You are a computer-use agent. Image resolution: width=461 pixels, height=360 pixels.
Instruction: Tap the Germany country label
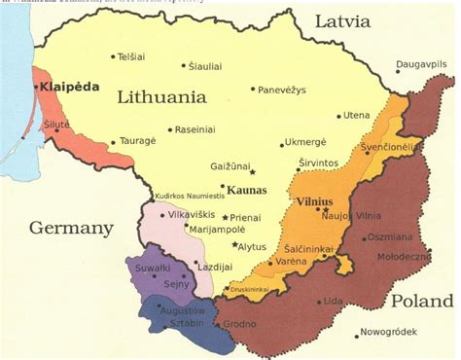pyautogui.click(x=71, y=229)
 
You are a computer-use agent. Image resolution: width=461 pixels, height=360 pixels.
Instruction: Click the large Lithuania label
pyautogui.click(x=162, y=97)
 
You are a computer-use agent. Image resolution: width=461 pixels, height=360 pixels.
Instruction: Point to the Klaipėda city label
pyautogui.click(x=70, y=87)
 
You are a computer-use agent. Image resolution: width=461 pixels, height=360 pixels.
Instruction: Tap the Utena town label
pyautogui.click(x=356, y=115)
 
